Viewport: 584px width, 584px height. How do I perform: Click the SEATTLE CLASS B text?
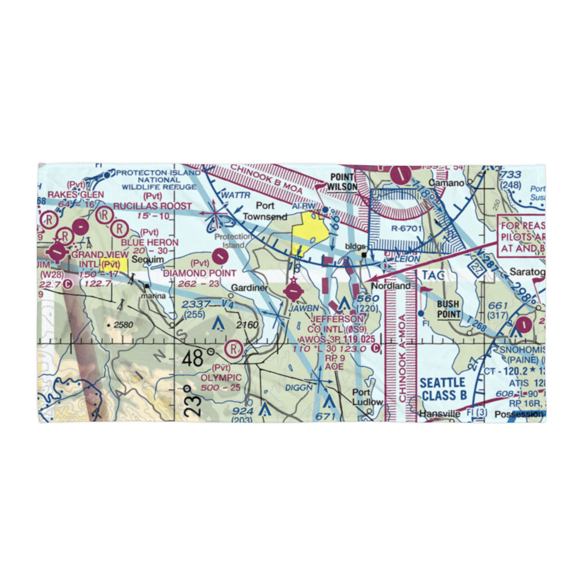click(x=442, y=389)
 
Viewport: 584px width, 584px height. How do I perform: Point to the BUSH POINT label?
click(x=448, y=308)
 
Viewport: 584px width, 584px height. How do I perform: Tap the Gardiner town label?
click(x=249, y=288)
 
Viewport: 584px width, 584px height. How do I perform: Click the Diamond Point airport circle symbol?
click(x=220, y=255)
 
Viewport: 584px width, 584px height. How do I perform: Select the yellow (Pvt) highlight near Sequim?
click(x=114, y=265)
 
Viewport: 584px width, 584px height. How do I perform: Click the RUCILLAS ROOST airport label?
click(x=152, y=206)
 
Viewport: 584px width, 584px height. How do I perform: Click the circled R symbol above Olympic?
click(x=234, y=349)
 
